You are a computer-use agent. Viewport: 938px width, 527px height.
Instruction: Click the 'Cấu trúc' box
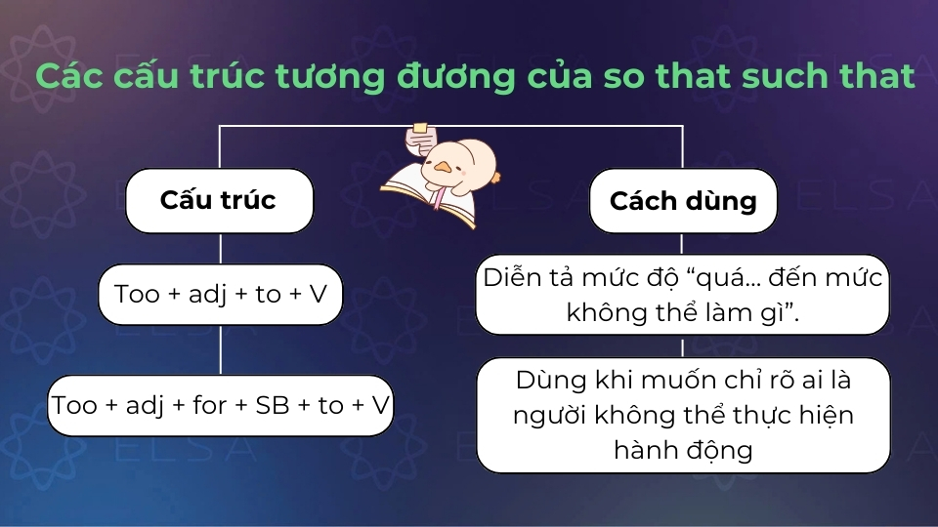(219, 201)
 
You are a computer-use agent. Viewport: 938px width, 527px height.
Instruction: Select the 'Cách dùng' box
(683, 201)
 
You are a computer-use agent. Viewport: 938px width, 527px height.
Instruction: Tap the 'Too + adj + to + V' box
(220, 294)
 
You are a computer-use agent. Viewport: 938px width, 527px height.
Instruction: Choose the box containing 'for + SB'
(220, 405)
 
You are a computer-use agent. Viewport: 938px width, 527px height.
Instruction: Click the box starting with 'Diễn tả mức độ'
(682, 294)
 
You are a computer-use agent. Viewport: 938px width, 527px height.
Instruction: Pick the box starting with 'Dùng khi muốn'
(682, 415)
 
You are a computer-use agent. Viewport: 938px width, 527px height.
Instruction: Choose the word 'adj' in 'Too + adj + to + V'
(207, 294)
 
